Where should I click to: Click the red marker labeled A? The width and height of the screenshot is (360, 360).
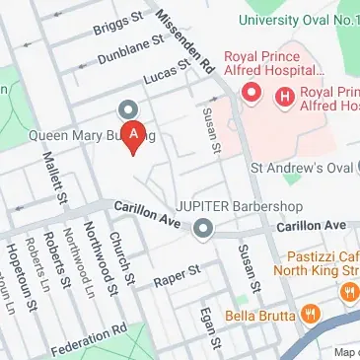click(x=137, y=134)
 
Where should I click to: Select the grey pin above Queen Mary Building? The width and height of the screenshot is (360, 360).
click(x=127, y=109)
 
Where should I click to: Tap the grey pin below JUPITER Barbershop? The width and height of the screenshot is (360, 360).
click(x=203, y=230)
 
